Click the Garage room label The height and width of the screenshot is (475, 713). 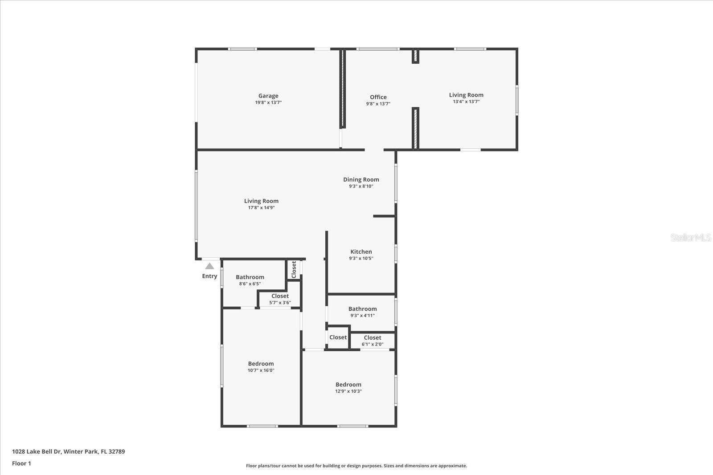click(268, 96)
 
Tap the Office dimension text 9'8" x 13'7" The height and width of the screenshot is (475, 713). click(378, 104)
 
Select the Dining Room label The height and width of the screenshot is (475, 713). click(361, 179)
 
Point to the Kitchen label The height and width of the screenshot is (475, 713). click(361, 252)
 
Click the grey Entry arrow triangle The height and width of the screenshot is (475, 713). click(209, 266)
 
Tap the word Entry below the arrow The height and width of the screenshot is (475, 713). click(209, 276)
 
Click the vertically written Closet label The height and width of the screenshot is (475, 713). click(294, 270)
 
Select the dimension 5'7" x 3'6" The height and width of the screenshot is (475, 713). click(280, 303)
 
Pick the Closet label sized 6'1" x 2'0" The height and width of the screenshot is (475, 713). click(373, 337)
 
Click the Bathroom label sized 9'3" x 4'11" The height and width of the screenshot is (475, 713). click(362, 309)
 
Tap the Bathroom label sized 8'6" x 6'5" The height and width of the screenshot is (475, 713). click(250, 277)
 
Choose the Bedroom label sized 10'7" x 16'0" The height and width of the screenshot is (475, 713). click(261, 363)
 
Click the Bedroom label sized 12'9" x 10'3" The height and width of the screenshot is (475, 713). click(348, 384)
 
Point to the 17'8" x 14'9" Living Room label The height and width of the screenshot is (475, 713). click(261, 201)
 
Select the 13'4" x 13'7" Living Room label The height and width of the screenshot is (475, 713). click(466, 95)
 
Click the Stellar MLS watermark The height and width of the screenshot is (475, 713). click(690, 238)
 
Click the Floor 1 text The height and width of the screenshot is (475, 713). click(21, 463)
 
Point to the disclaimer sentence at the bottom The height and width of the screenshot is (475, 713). click(356, 466)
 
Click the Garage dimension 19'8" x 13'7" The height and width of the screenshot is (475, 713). click(268, 102)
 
